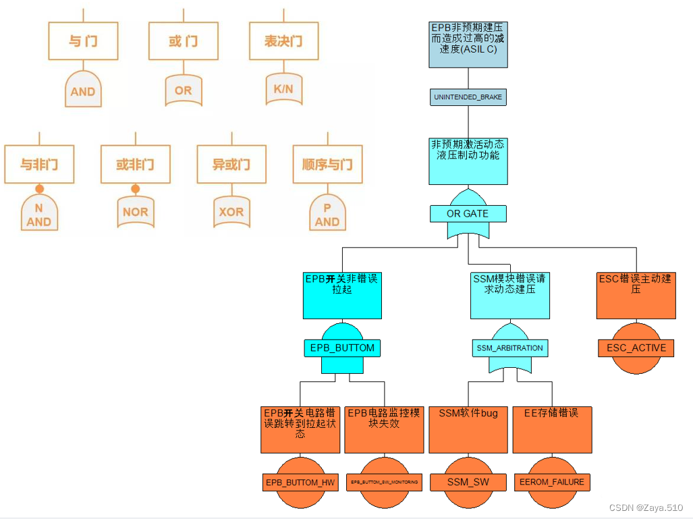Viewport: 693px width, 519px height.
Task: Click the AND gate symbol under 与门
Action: [83, 90]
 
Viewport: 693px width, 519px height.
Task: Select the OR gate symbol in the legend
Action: [183, 90]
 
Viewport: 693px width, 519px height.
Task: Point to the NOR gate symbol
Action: [135, 211]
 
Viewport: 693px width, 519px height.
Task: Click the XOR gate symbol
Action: [231, 211]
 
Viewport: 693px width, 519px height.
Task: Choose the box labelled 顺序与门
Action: [327, 165]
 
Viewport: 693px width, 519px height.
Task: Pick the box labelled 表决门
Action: [283, 41]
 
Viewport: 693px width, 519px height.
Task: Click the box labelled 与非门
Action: [39, 165]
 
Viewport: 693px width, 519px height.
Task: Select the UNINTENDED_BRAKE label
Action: [468, 97]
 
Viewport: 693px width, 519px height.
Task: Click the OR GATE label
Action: [468, 213]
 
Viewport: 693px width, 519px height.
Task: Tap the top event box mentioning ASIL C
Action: [468, 44]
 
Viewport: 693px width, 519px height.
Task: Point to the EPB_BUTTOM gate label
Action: [342, 348]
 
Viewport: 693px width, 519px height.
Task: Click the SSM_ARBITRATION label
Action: [509, 348]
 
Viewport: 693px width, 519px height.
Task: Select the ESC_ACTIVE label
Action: [636, 348]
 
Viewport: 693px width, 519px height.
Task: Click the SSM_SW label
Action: [468, 482]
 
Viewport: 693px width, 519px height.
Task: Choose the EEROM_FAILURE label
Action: [552, 482]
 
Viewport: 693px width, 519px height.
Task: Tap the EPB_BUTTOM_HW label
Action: [300, 482]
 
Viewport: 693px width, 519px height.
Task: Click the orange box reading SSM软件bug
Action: [468, 429]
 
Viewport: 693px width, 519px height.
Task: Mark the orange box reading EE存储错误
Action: [552, 429]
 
